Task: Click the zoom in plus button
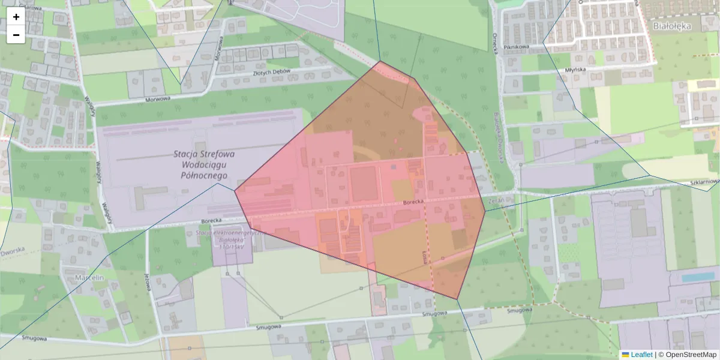tap(16, 17)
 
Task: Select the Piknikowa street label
tap(515, 46)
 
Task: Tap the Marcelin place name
tap(90, 278)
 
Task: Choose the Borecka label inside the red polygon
tap(413, 202)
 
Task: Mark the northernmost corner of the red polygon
tap(380, 61)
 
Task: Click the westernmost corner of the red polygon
tap(235, 191)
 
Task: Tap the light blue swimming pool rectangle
tap(698, 277)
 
